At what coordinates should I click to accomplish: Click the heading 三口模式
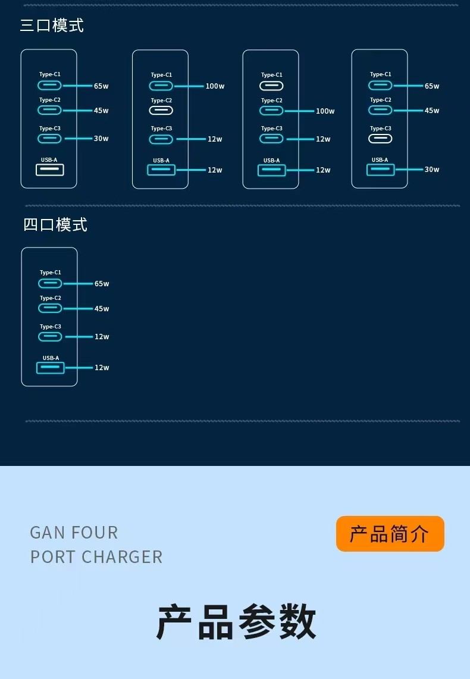point(52,26)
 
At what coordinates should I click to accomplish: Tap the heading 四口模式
point(55,224)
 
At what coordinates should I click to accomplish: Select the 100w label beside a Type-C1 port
point(215,86)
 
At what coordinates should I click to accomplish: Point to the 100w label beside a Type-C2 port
point(325,111)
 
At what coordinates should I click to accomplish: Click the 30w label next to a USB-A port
point(432,170)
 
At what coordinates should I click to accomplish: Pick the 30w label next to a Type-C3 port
point(101,139)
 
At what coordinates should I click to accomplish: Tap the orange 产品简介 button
point(390,534)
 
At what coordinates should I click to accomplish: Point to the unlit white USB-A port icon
point(50,170)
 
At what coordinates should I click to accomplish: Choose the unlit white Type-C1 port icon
point(271,86)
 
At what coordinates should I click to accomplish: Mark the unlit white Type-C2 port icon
point(161,111)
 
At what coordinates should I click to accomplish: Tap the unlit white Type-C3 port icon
point(380,139)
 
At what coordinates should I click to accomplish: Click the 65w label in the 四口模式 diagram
point(102,284)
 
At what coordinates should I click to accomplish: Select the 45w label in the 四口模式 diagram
point(102,309)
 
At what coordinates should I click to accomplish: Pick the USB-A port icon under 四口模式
point(51,368)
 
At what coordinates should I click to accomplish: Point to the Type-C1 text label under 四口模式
point(51,273)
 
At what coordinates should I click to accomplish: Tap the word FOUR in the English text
point(95,532)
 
